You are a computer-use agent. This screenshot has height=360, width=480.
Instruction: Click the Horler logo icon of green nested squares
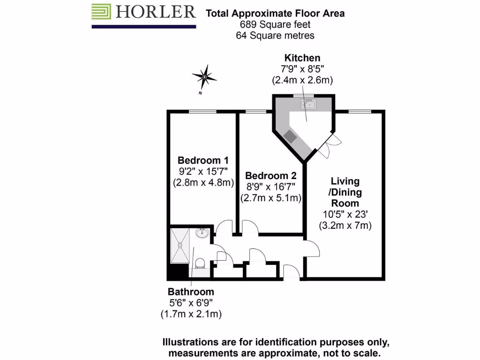pos(101,12)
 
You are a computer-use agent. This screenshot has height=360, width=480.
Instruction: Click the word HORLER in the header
pos(155,12)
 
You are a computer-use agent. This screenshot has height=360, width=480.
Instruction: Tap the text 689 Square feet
pos(275,24)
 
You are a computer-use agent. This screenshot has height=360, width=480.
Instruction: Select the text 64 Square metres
pos(275,35)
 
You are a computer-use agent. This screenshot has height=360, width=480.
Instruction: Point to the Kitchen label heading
pos(302,58)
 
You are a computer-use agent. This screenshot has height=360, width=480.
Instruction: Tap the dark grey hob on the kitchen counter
pos(290,136)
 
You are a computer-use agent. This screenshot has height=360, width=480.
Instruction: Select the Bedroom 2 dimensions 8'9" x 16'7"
pos(270,187)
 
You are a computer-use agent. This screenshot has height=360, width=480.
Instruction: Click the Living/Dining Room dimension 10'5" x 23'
pos(345,215)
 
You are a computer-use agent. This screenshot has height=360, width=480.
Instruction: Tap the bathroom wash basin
pos(202,233)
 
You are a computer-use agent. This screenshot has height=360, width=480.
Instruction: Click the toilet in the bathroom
pos(200,263)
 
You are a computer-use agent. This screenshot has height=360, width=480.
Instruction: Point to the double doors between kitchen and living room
pos(330,145)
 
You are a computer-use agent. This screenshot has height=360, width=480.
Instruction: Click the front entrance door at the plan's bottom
pos(291,272)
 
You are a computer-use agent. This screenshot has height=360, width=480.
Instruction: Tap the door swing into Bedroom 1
pos(223,227)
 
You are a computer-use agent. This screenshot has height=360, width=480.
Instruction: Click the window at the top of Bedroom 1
pos(202,111)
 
